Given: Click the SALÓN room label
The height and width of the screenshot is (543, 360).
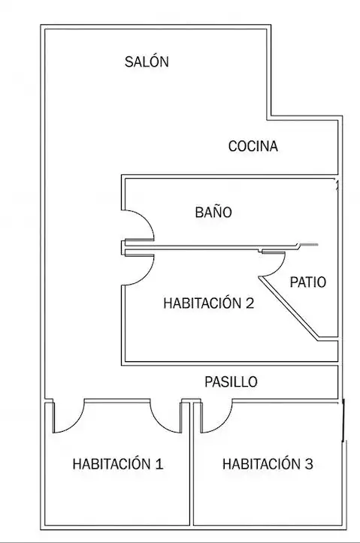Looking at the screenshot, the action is pyautogui.click(x=147, y=62).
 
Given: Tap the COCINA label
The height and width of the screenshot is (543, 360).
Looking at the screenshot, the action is pyautogui.click(x=253, y=146).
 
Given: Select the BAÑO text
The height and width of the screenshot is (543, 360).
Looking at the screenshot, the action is pyautogui.click(x=213, y=211).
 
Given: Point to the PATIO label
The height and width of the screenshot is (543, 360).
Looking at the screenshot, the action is pyautogui.click(x=307, y=282).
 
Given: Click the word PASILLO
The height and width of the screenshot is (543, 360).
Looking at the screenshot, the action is pyautogui.click(x=231, y=382).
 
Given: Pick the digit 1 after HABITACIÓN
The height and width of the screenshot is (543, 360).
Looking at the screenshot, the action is pyautogui.click(x=159, y=464).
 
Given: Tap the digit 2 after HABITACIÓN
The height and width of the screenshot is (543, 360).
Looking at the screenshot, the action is pyautogui.click(x=250, y=303).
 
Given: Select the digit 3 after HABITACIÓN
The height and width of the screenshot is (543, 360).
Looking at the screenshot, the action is pyautogui.click(x=309, y=464).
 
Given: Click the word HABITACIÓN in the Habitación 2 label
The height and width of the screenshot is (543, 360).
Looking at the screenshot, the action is pyautogui.click(x=202, y=303).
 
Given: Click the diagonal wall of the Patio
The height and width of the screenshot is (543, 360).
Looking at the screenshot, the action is pyautogui.click(x=289, y=308).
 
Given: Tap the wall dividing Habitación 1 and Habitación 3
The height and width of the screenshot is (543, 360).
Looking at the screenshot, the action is pyautogui.click(x=191, y=464).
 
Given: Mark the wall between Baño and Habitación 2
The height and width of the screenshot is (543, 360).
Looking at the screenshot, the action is pyautogui.click(x=210, y=247).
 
